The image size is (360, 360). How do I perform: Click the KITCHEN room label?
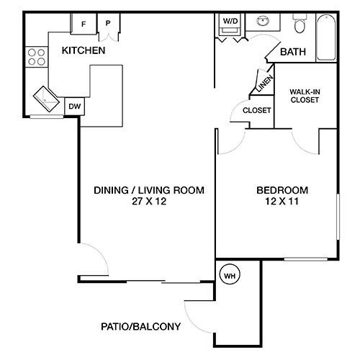pyautogui.click(x=84, y=50)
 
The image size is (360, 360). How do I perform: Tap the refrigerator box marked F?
pyautogui.click(x=84, y=24)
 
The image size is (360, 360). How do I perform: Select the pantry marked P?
pyautogui.click(x=108, y=24)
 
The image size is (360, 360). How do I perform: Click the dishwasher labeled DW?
pyautogui.click(x=73, y=106)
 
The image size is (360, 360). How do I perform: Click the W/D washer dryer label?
pyautogui.click(x=231, y=22)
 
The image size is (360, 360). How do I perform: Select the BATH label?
pyautogui.click(x=292, y=52)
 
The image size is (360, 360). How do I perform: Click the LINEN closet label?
pyautogui.click(x=264, y=84)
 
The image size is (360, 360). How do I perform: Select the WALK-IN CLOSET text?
pyautogui.click(x=305, y=96)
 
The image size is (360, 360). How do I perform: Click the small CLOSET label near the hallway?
pyautogui.click(x=256, y=110)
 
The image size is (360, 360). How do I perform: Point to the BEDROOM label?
pyautogui.click(x=282, y=190)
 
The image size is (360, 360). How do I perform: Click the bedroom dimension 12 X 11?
pyautogui.click(x=282, y=202)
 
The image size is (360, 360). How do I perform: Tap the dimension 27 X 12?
pyautogui.click(x=149, y=202)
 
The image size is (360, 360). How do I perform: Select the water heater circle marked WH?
pyautogui.click(x=230, y=275)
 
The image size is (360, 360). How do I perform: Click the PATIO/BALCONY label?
pyautogui.click(x=140, y=326)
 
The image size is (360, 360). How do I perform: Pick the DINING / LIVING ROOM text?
pyautogui.click(x=149, y=190)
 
